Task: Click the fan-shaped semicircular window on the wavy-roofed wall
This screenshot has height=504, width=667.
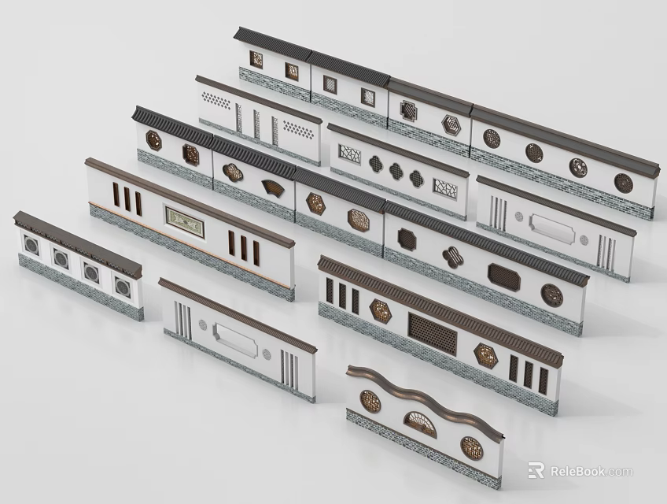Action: pos(420,425)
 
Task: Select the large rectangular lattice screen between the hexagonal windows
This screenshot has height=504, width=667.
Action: pos(432,333)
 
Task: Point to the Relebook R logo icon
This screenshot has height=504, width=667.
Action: pos(536,471)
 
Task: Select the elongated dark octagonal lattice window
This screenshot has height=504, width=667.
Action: pos(504,276)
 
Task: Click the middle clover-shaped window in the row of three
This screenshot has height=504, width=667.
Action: pos(395,170)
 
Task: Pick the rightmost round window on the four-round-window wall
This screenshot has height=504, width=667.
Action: pos(623,183)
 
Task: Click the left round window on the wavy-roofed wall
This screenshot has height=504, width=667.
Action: pos(370,401)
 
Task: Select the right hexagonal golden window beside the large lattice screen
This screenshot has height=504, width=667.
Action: pos(486,355)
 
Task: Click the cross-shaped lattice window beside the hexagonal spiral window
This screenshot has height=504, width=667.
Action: pos(408,110)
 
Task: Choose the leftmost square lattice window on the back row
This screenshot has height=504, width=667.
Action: pos(256,59)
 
